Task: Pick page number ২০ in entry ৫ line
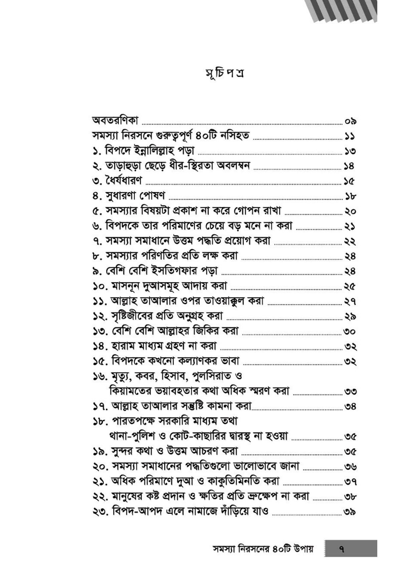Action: pyautogui.click(x=350, y=211)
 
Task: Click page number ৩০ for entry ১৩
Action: pyautogui.click(x=350, y=332)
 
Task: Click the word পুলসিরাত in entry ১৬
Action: pyautogui.click(x=214, y=376)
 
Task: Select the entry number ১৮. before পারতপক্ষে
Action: pyautogui.click(x=99, y=422)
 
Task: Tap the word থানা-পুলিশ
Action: pyautogui.click(x=132, y=436)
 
